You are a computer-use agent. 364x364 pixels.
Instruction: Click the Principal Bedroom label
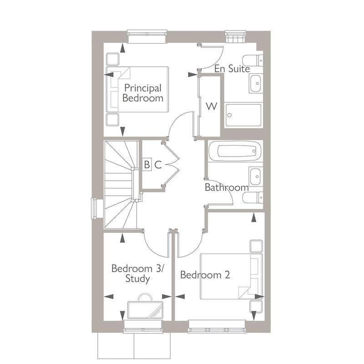[142, 93]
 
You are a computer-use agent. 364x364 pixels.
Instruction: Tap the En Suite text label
[232, 69]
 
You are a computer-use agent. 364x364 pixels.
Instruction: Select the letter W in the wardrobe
[211, 106]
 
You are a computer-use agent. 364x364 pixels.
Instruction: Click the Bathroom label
[226, 187]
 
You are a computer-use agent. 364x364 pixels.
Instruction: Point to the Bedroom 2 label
[205, 275]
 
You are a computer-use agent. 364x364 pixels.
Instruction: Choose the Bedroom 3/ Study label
[137, 273]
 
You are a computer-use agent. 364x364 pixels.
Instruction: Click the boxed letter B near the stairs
[147, 165]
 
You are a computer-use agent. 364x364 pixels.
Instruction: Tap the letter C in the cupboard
[157, 165]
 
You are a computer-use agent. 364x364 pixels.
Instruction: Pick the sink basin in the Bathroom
[256, 175]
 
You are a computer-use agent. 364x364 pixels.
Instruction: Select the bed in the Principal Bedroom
[136, 88]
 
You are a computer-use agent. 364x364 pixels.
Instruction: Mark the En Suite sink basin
[256, 84]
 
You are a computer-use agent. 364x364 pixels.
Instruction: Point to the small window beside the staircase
[95, 208]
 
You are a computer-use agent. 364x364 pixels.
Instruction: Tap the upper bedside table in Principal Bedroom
[112, 59]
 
